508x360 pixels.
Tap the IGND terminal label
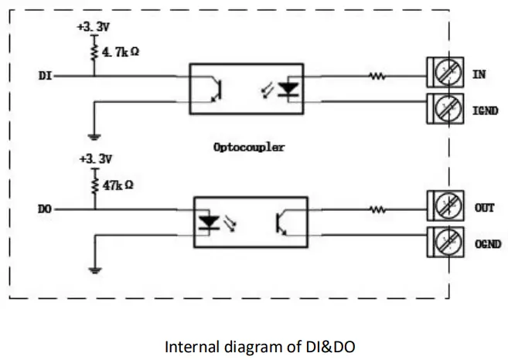tap(486, 111)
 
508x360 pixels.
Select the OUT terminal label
tap(483, 208)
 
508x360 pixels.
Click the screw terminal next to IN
tap(445, 76)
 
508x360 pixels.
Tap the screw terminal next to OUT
tap(445, 209)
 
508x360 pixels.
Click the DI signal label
tap(44, 76)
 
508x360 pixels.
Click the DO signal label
tap(45, 209)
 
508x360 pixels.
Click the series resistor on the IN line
tap(377, 76)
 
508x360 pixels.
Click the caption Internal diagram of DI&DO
tap(260, 347)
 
